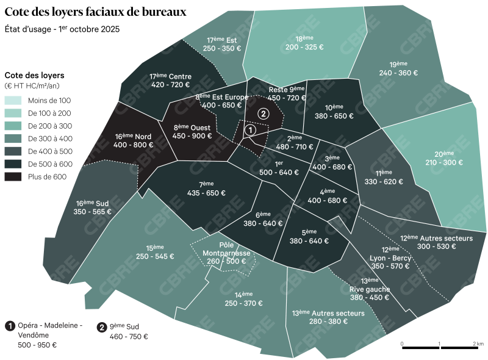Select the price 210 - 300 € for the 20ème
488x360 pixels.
(443, 163)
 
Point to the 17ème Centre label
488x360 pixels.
(170, 76)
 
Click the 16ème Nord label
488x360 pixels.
(133, 135)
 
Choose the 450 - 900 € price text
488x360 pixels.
(192, 136)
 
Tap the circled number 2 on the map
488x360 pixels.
(263, 113)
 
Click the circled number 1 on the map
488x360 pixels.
(249, 130)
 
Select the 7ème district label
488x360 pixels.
(206, 184)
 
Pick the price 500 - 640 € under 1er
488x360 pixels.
(279, 172)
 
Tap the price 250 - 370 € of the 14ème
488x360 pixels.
(243, 303)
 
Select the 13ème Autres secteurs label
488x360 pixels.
(328, 312)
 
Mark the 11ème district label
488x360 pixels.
(383, 173)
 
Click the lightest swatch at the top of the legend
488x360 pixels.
(13, 100)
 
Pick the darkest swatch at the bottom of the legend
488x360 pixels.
(13, 177)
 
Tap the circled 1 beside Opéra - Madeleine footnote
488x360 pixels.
(10, 326)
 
